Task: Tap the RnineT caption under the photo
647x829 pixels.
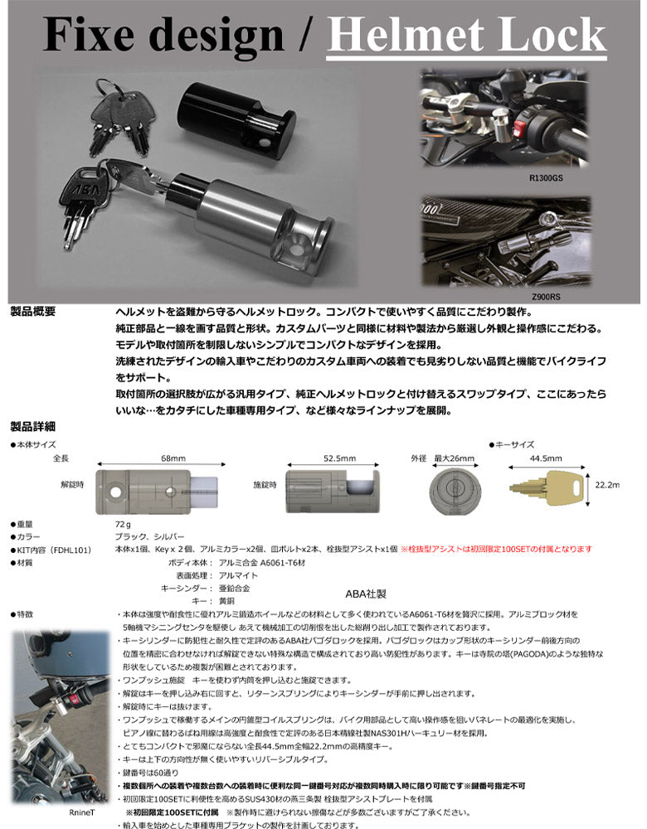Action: [x=85, y=814]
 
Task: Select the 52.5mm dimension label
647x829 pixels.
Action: [x=339, y=458]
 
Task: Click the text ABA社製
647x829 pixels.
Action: [x=366, y=594]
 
